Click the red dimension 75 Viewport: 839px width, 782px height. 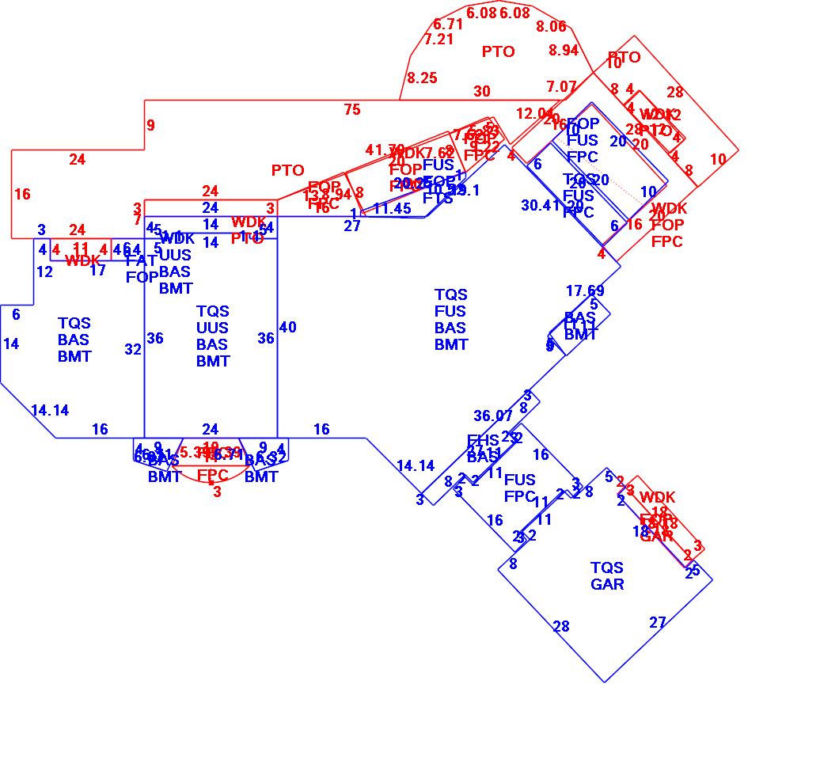click(x=352, y=110)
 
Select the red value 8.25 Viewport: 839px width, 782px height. click(x=422, y=78)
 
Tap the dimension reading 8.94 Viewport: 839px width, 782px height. click(x=564, y=51)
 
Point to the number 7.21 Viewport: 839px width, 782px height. click(x=439, y=39)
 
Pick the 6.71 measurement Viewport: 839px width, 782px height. click(x=448, y=25)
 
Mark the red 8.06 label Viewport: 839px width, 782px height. click(x=551, y=27)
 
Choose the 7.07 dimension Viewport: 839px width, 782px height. click(x=561, y=86)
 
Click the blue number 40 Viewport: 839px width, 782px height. click(x=288, y=328)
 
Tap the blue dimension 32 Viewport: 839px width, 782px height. click(x=133, y=349)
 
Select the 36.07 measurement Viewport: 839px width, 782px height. click(x=493, y=416)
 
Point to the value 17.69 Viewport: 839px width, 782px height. click(x=585, y=292)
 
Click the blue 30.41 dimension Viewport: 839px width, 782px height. click(x=541, y=206)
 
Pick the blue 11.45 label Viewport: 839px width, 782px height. click(x=393, y=209)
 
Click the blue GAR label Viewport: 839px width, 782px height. click(x=607, y=585)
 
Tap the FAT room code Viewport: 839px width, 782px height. click(x=141, y=261)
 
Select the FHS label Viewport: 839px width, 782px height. click(x=483, y=441)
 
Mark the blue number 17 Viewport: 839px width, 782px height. click(x=97, y=271)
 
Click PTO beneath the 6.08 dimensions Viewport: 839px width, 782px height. click(x=498, y=52)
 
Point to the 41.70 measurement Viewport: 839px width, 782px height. click(x=385, y=150)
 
